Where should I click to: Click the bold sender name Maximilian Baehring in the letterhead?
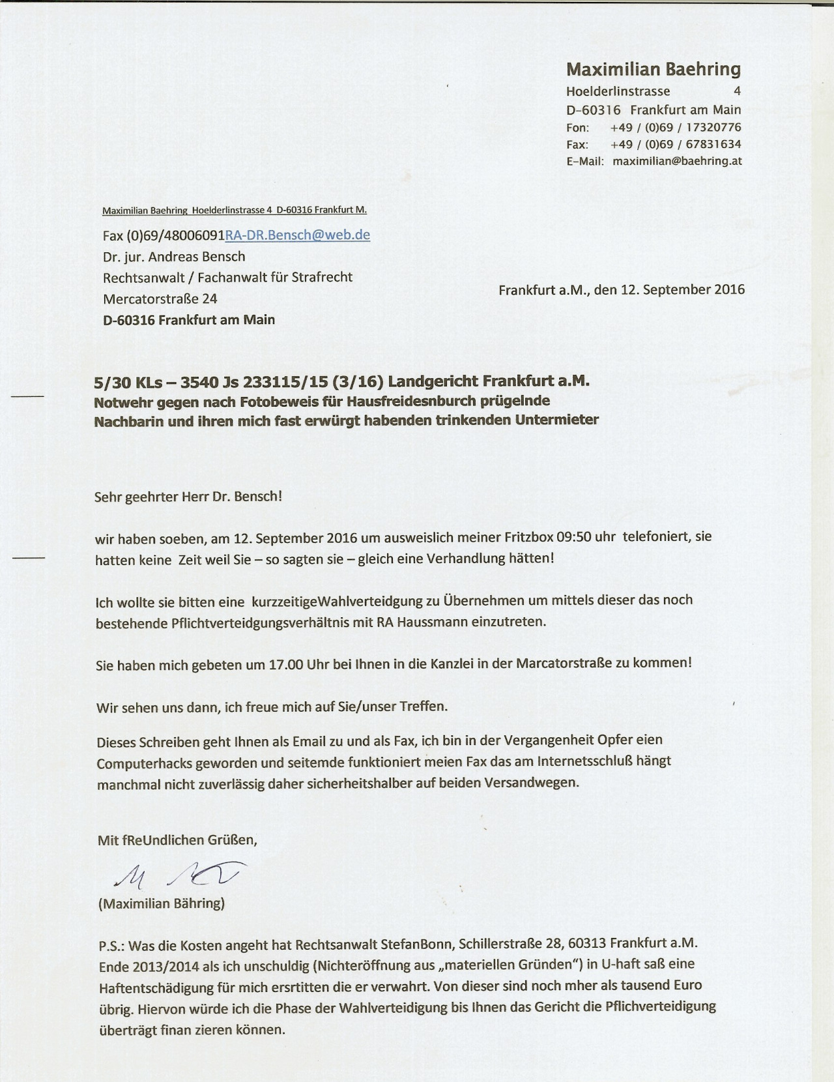(654, 69)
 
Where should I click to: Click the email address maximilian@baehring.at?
(677, 161)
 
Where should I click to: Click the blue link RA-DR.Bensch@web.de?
(297, 235)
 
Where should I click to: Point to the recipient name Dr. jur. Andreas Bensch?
(174, 256)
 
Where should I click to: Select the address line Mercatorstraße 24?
(160, 299)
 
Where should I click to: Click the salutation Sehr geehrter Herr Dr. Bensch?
(188, 495)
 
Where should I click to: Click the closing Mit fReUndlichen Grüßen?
(177, 840)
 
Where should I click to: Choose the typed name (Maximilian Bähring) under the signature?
(161, 903)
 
